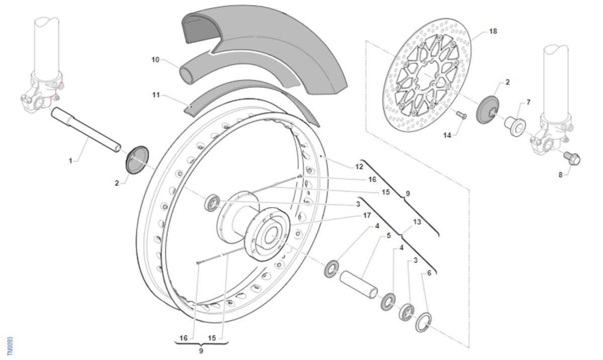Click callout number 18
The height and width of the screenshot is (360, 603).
click(492, 31)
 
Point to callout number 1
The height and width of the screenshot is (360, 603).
click(71, 161)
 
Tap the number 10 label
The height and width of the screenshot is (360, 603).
click(155, 60)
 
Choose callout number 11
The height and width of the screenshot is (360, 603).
click(156, 94)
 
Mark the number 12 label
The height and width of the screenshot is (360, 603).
click(359, 166)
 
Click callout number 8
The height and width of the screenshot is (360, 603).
click(560, 175)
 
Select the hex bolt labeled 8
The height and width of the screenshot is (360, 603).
click(572, 158)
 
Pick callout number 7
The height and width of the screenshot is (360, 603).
click(528, 103)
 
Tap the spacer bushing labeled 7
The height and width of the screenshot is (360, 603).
click(514, 125)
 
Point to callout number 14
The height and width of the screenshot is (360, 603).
click(447, 135)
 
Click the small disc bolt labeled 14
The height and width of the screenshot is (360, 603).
click(461, 116)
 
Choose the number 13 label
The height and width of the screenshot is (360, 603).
click(417, 221)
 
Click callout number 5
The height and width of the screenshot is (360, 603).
click(388, 235)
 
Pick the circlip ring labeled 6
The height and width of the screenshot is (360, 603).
click(425, 322)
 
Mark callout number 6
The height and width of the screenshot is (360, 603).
click(429, 273)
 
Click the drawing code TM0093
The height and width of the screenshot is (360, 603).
click(10, 345)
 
